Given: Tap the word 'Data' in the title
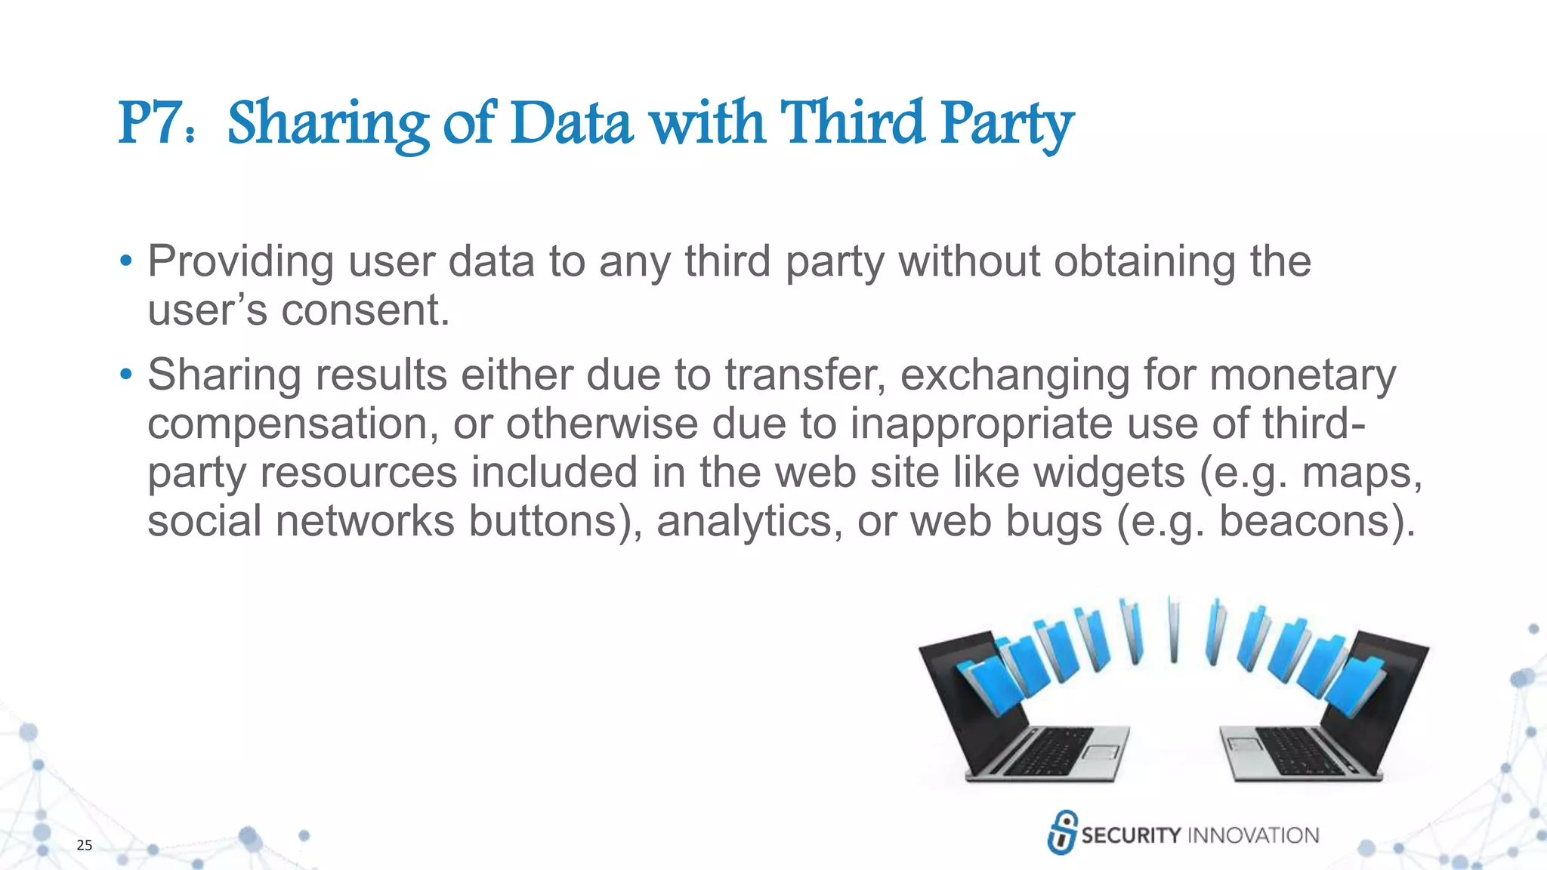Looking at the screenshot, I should [571, 123].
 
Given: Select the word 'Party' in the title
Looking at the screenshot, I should [1006, 125].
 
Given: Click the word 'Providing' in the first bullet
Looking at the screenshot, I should [240, 262].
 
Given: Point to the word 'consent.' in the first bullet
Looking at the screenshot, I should [366, 310].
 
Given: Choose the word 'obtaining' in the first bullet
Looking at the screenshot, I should [1144, 262].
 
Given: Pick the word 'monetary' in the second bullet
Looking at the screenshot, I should [1302, 375].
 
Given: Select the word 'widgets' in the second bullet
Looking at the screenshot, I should [1108, 473].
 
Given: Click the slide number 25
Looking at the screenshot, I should [85, 845].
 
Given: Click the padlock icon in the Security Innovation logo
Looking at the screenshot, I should [1062, 832].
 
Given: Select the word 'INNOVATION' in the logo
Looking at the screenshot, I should [1253, 835].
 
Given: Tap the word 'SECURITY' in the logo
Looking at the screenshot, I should [1131, 835].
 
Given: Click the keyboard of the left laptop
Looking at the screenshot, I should [1050, 751].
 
